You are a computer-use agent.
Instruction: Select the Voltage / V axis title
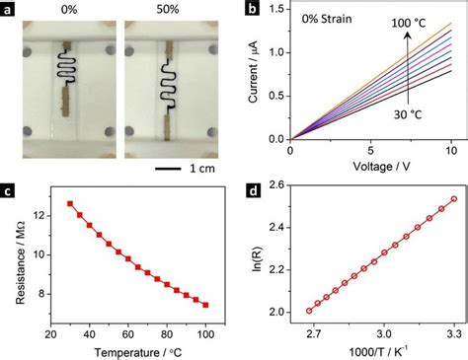pos(370,169)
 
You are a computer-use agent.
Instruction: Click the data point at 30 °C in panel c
pos(69,203)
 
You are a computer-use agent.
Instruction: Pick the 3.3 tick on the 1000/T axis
pos(452,333)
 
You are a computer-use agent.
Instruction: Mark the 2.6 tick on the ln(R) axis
pos(275,184)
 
